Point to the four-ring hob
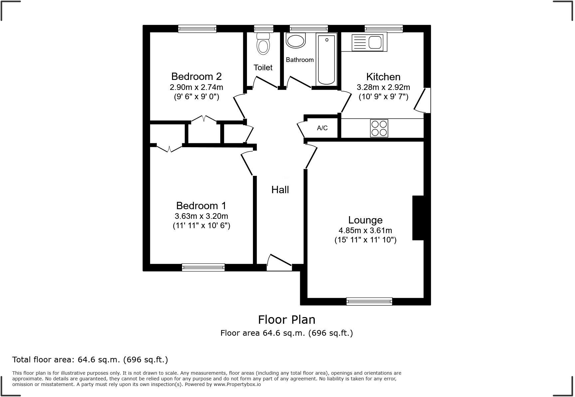point(379,128)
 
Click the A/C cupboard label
point(322,128)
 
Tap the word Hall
point(280,190)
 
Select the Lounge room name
point(365,220)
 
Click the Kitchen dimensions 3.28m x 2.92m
point(383,87)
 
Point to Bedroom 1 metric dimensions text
point(201,216)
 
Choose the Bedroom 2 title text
point(196,76)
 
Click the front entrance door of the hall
point(279,263)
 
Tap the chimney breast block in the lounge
point(418,218)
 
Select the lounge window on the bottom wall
point(369,301)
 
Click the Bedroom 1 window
point(203,267)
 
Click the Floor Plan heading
point(287,319)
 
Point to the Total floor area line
point(90,360)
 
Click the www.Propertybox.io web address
point(237,384)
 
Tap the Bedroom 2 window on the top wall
point(197,29)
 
